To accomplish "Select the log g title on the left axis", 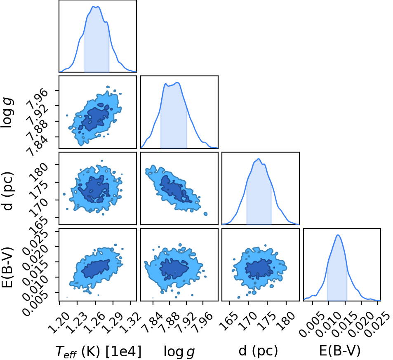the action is (7, 113).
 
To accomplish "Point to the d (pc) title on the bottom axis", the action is (258, 351).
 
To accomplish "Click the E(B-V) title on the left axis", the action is (7, 267).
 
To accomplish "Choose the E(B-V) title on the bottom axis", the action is (340, 351).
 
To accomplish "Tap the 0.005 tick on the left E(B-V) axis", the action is (35, 304).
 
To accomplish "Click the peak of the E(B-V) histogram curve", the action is (338, 235).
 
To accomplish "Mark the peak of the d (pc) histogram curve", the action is (259, 159).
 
